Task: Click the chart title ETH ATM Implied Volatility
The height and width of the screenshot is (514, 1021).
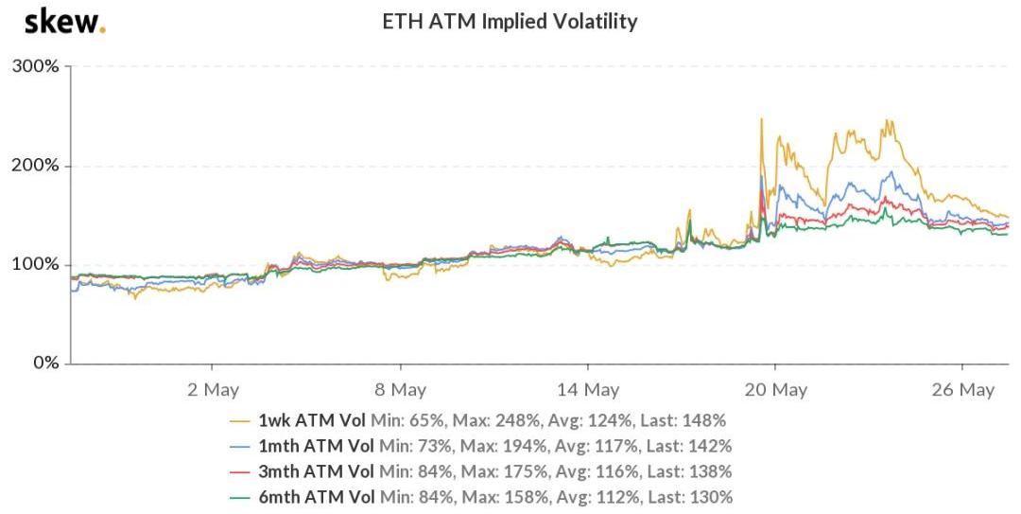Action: pyautogui.click(x=510, y=22)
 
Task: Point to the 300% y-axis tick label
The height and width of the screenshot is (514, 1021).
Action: pyautogui.click(x=35, y=67)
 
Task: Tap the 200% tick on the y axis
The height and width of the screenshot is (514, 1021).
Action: pyautogui.click(x=35, y=166)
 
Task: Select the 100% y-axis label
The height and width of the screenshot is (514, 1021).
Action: pyautogui.click(x=35, y=264)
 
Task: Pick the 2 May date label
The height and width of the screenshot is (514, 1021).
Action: pyautogui.click(x=213, y=389)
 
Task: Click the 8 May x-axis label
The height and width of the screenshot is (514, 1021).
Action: pyautogui.click(x=400, y=389)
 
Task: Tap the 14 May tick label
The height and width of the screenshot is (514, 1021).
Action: pyautogui.click(x=587, y=389)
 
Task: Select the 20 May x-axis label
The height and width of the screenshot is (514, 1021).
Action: pyautogui.click(x=775, y=389)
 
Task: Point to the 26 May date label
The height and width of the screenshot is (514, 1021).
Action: pyautogui.click(x=962, y=389)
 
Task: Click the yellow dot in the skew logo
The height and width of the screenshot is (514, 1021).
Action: pyautogui.click(x=102, y=29)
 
